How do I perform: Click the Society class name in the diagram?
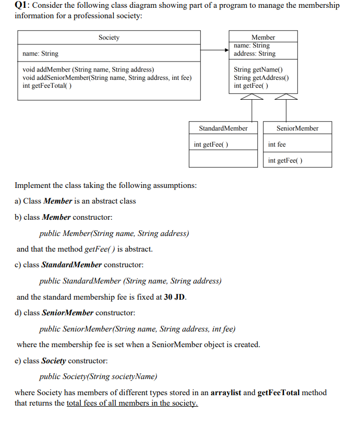[109, 38]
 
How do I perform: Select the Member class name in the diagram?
[263, 38]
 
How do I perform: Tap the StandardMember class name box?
[223, 128]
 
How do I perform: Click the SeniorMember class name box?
[297, 128]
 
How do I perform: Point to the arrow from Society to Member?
[214, 51]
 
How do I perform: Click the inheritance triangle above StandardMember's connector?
[253, 97]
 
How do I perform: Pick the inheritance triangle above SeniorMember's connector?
[285, 97]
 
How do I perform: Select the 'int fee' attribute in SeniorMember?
[277, 145]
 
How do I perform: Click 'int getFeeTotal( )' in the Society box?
[47, 86]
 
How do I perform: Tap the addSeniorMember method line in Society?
[107, 78]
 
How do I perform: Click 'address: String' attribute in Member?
[255, 54]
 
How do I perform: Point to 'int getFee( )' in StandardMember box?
[211, 145]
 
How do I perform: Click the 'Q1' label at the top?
[22, 6]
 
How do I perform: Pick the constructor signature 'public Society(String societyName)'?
[99, 377]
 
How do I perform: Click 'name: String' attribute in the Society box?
[41, 54]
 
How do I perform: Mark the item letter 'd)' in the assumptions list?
[19, 313]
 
